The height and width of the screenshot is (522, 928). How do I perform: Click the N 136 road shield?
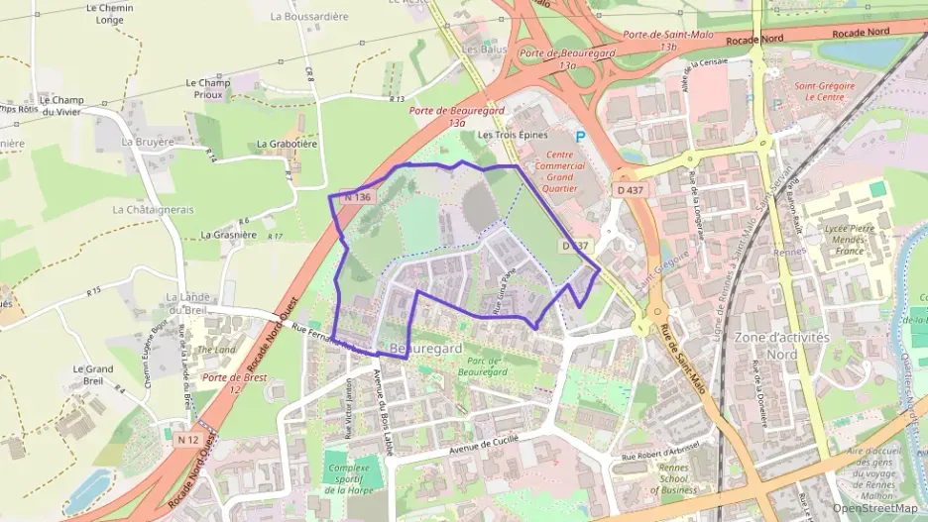coord(358,198)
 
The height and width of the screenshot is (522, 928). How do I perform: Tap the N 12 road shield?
coord(188,438)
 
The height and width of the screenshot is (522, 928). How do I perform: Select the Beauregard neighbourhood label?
coord(426,350)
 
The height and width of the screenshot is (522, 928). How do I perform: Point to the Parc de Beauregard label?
coord(484,365)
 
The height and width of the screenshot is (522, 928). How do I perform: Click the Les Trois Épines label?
coord(513,135)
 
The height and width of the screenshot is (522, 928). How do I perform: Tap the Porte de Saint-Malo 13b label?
coord(653,40)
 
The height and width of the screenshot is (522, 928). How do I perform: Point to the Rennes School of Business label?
coord(674,479)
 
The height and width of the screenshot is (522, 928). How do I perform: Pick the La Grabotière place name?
coord(287,144)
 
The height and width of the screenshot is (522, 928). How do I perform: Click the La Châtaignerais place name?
coord(153,210)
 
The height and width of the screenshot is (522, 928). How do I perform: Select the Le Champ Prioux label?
coord(207,89)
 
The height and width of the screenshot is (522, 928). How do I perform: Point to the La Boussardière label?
coord(309,17)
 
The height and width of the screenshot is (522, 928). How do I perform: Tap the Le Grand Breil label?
coord(93,374)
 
